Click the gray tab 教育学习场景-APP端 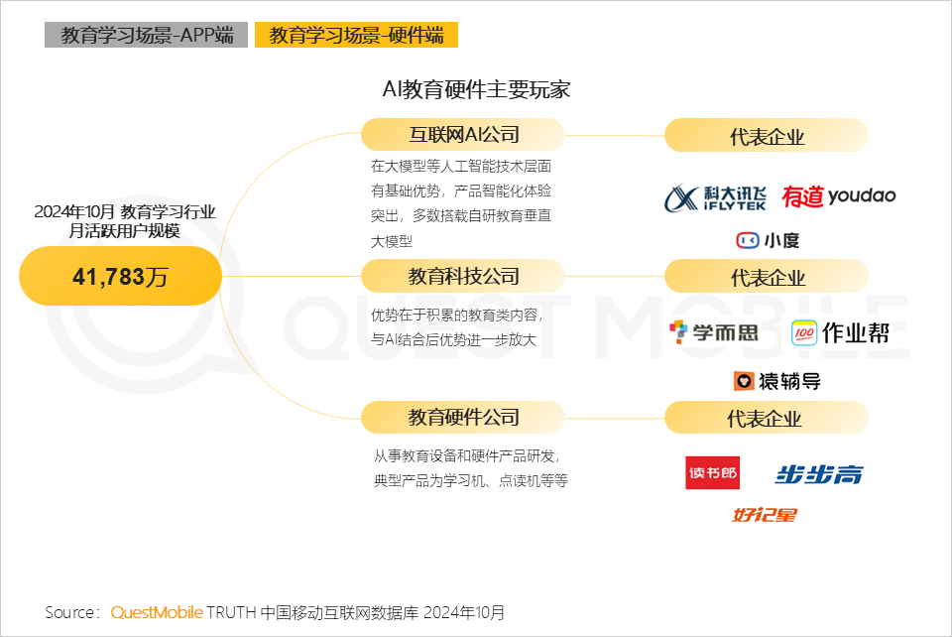pos(147,35)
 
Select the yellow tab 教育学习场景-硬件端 pos(356,35)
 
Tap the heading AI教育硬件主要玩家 pos(476,89)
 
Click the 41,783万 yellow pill pos(120,276)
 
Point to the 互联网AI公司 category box pos(463,134)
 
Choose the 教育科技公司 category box pos(463,276)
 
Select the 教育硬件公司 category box pos(463,417)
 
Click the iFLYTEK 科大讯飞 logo pos(715,197)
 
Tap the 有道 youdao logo pos(839,196)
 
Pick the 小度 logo pos(768,240)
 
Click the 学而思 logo pos(714,332)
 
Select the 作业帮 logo pos(840,332)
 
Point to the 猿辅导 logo pos(777,381)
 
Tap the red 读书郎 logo pos(713,472)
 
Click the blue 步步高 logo pos(819,474)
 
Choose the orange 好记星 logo pos(765,515)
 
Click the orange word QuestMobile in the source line pos(157,612)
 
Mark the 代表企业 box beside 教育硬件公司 pos(767,417)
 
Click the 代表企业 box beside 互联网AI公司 pos(767,135)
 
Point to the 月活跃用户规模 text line pos(125,231)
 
